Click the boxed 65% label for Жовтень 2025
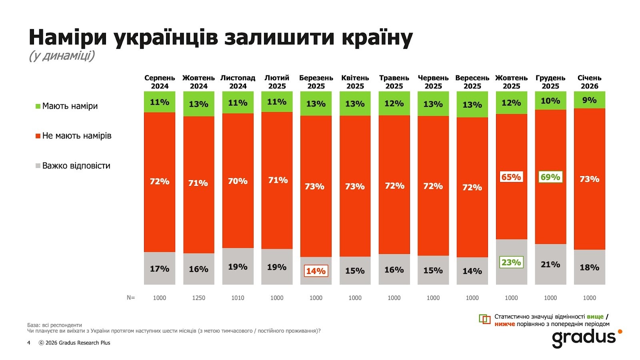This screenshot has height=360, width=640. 511,177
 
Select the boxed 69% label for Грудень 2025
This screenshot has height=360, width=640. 550,177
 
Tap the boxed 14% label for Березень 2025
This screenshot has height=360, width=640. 316,271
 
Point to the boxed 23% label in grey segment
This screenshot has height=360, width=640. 511,262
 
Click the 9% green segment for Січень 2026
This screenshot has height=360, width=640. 589,100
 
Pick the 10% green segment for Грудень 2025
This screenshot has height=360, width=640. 550,101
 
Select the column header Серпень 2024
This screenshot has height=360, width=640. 160,82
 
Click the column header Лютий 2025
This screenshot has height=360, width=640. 277,82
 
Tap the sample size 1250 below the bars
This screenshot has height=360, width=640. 198,298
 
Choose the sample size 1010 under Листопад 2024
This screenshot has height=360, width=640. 238,298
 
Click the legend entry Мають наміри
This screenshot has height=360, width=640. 70,106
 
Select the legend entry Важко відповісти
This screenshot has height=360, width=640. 76,166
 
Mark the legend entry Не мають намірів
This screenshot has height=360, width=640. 76,136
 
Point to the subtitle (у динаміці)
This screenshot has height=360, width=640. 62,56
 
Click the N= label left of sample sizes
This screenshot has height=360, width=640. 131,298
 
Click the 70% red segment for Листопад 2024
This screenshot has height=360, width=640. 238,181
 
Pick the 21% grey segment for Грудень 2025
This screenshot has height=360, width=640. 550,264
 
